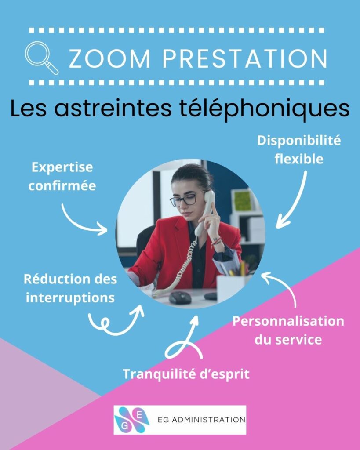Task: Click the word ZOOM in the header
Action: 109,59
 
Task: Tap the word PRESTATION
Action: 245,59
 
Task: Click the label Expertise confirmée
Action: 62,177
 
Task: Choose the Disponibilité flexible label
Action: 299,150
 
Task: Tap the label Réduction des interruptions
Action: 70,288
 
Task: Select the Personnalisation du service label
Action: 288,330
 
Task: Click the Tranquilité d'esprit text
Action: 186,374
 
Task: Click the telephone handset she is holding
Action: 205,213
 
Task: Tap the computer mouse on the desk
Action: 180,298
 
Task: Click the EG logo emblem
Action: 132,420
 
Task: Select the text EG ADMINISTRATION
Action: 201,420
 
